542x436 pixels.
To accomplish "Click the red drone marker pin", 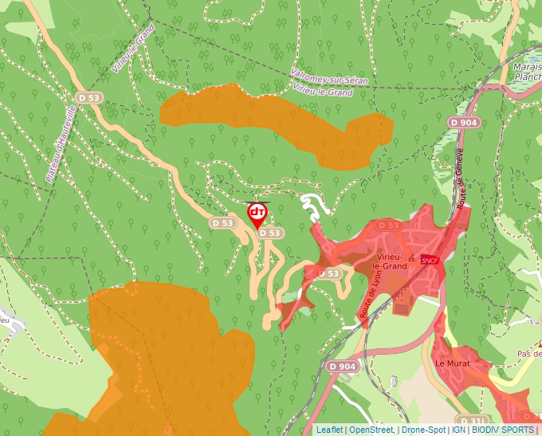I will coord(257,214).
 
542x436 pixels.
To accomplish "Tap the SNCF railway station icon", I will coord(430,260).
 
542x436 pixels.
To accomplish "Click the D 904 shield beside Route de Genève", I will coord(463,122).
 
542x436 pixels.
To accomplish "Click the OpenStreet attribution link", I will coord(371,430).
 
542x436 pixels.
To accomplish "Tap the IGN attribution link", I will coord(458,430).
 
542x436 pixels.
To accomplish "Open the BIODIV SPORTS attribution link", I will coord(503,430).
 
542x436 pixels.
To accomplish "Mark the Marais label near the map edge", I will coord(528,67).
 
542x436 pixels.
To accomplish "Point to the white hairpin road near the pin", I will coord(312,203).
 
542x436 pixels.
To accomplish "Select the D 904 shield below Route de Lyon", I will coord(340,366).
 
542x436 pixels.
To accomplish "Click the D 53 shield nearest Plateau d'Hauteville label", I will coord(89,96).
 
